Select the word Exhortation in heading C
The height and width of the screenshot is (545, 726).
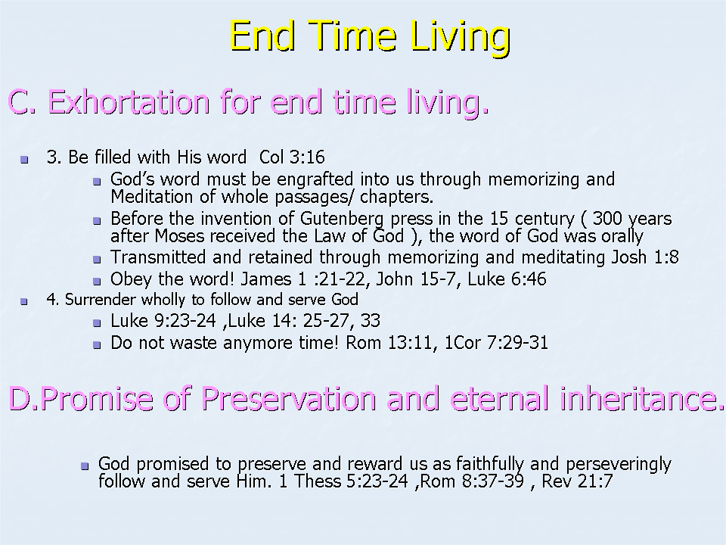pos(129,101)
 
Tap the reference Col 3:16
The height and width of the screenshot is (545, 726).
pos(292,157)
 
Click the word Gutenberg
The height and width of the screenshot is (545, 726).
pos(342,219)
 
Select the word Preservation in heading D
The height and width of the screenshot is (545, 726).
pos(288,399)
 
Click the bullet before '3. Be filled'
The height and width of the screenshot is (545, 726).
pos(24,160)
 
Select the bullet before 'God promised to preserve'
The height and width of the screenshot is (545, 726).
pos(85,466)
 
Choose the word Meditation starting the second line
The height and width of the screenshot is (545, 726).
pos(151,197)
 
